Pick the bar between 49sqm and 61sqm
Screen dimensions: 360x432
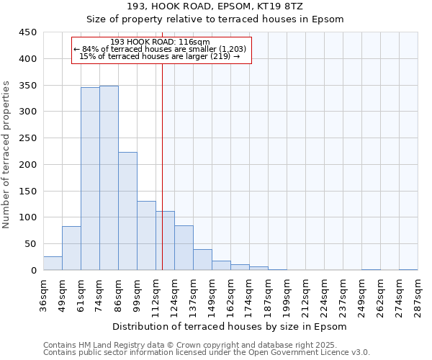point(71,248)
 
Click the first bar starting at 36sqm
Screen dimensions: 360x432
point(53,264)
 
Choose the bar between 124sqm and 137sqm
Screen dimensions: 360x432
point(184,248)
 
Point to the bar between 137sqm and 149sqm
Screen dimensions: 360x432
point(202,260)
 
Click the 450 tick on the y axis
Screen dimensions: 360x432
point(28,32)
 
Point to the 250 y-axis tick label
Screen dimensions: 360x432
point(28,138)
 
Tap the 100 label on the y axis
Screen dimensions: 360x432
point(28,217)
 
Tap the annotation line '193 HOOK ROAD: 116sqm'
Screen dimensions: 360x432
point(161,42)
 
